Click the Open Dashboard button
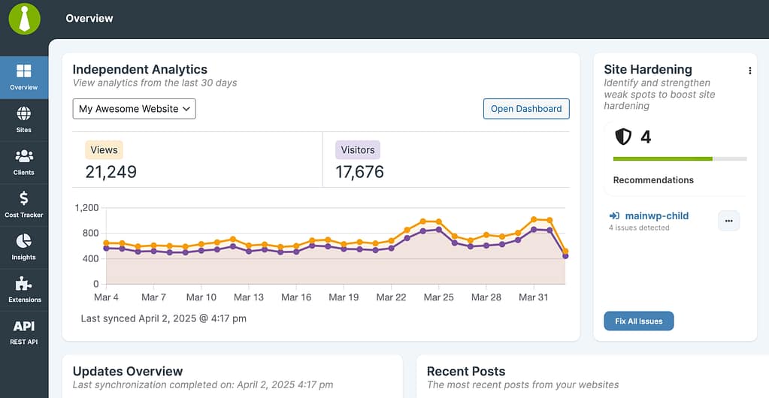click(525, 109)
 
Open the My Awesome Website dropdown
click(134, 109)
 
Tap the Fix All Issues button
click(638, 321)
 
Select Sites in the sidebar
click(24, 119)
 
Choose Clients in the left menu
click(24, 161)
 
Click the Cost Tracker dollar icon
click(24, 199)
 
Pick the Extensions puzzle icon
click(24, 284)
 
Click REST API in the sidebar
click(24, 327)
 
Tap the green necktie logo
click(24, 18)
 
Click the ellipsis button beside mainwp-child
click(728, 221)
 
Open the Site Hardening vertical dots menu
click(749, 71)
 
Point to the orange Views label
click(104, 149)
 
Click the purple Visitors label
click(357, 149)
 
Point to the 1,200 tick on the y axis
click(86, 207)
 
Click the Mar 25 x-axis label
click(438, 297)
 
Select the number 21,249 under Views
click(111, 172)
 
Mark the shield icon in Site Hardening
click(623, 137)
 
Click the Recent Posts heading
click(465, 371)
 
